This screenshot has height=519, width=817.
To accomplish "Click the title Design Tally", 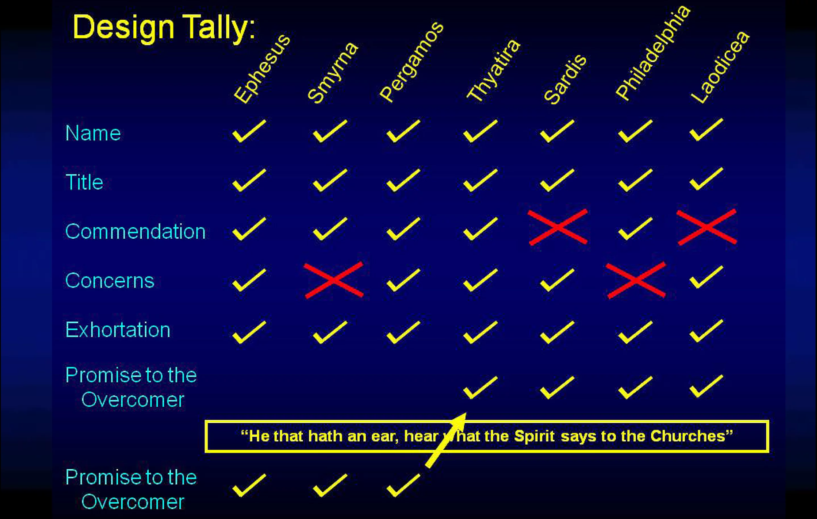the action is pyautogui.click(x=164, y=28).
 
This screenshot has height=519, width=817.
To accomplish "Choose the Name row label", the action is pyautogui.click(x=93, y=133).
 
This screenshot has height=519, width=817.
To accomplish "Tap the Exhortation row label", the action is pyautogui.click(x=118, y=330).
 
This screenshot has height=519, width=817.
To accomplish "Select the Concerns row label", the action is pyautogui.click(x=110, y=281).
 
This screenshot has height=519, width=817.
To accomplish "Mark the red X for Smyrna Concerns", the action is pyautogui.click(x=334, y=280).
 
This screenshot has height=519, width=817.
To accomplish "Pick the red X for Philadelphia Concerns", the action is pyautogui.click(x=636, y=280).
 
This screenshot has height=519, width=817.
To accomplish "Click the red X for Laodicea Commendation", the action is pyautogui.click(x=707, y=227).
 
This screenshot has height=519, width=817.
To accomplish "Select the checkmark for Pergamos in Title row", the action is pyautogui.click(x=403, y=180).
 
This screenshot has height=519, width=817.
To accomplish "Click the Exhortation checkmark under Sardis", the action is pyautogui.click(x=557, y=332).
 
